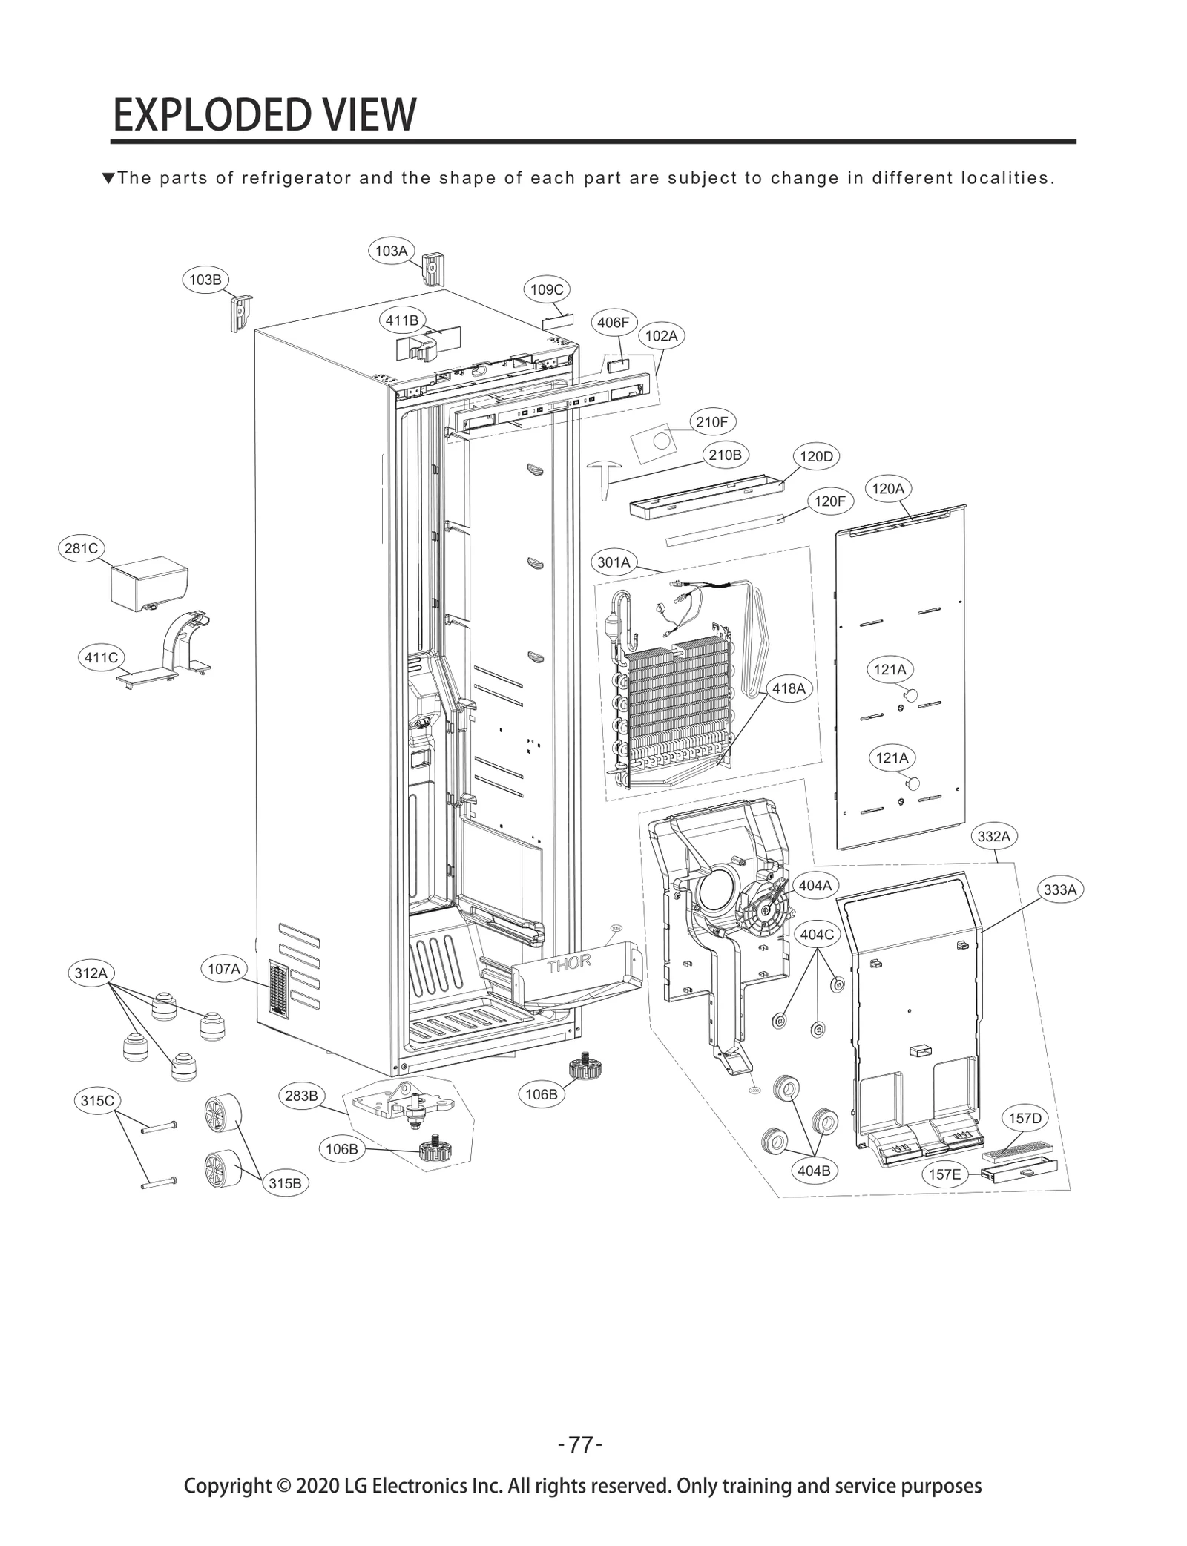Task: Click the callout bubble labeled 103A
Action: pos(391,251)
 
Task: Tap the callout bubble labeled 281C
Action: pos(81,548)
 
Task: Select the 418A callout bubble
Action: pos(789,688)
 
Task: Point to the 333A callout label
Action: pos(1059,889)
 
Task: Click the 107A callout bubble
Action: pos(224,969)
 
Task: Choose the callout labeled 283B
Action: pos(302,1096)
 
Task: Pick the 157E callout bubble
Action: pos(944,1174)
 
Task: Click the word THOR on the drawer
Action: pos(569,964)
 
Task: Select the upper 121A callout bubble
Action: pos(890,670)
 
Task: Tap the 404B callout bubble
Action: pos(814,1171)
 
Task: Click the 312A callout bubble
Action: pos(91,973)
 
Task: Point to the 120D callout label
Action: pos(816,456)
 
